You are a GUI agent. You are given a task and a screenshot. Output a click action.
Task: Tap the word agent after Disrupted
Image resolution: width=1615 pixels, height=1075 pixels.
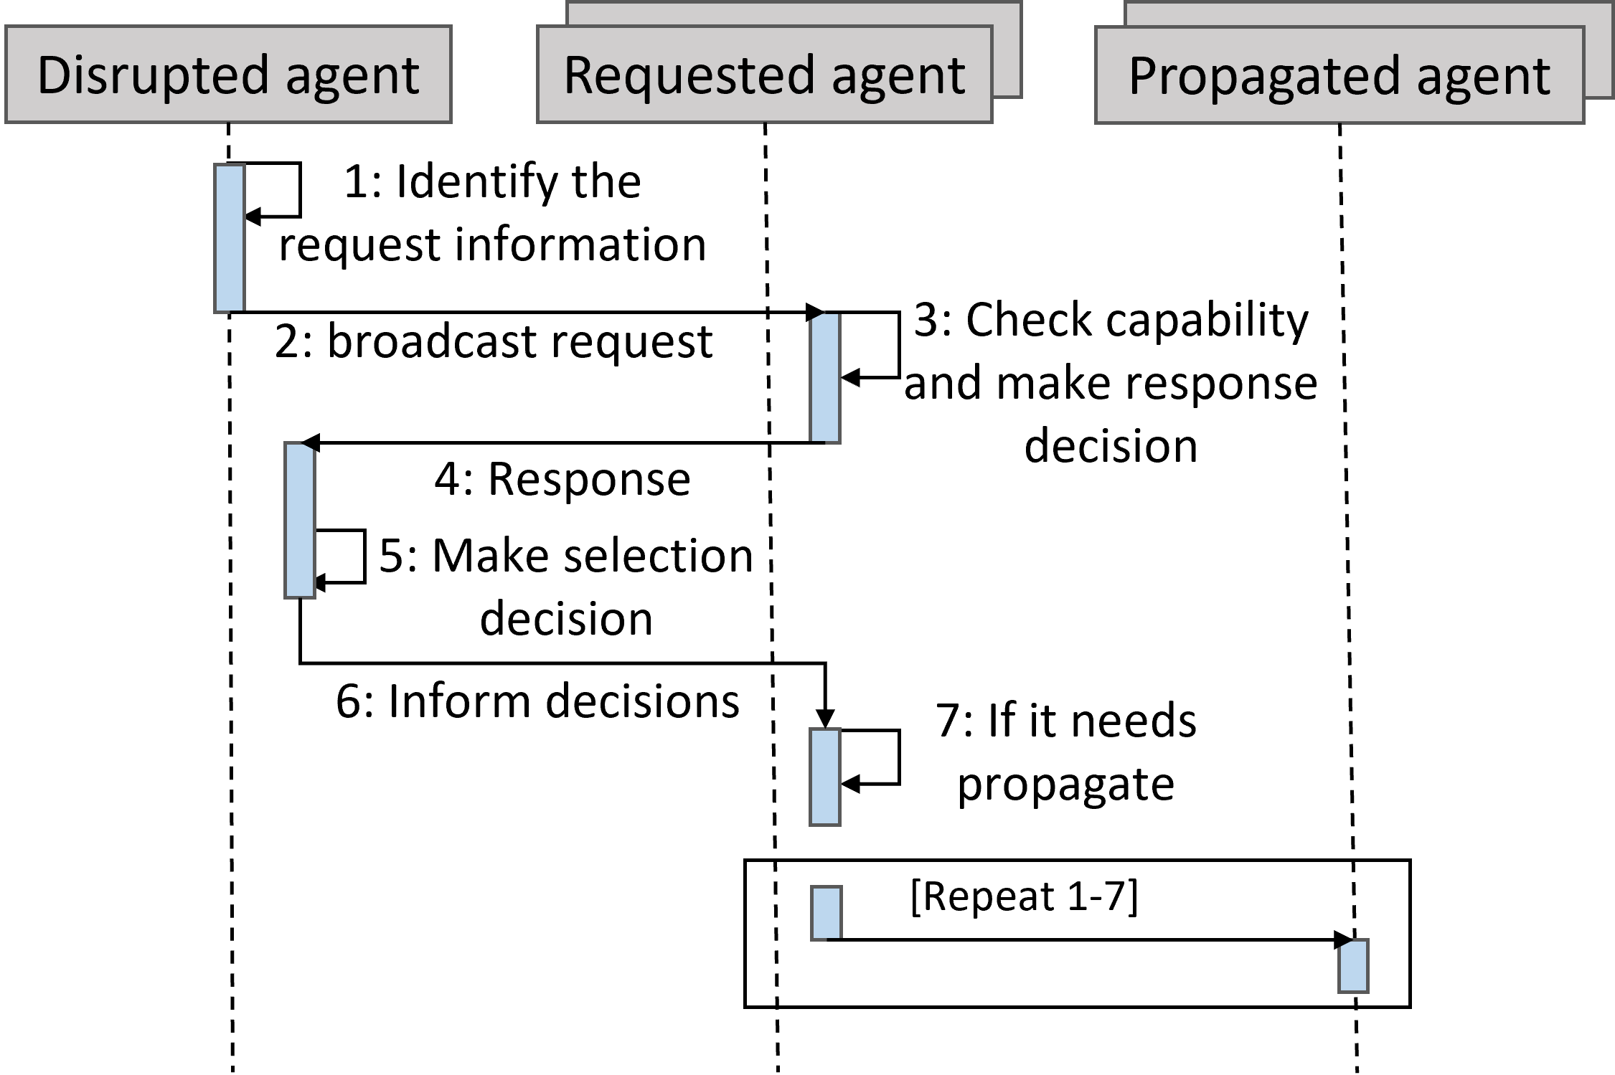352,77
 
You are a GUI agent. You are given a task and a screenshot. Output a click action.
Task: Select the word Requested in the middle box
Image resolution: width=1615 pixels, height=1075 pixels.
689,76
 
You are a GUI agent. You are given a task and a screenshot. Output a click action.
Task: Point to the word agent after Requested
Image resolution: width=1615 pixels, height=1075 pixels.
898,77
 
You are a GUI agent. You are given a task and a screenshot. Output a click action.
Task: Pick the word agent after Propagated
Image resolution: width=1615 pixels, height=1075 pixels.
1484,77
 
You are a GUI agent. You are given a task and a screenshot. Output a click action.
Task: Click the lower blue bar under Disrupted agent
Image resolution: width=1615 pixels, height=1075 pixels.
300,521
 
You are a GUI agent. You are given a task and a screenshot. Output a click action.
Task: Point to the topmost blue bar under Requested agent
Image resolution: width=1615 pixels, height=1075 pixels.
825,378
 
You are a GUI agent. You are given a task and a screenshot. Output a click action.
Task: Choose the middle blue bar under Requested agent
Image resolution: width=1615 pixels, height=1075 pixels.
825,777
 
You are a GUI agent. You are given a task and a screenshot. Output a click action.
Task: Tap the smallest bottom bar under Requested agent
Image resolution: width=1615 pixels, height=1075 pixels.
827,913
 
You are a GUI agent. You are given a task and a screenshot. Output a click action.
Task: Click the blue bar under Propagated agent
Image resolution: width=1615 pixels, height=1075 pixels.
1354,967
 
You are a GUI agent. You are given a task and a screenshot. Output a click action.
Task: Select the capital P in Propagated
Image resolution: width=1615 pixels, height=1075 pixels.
1144,75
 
